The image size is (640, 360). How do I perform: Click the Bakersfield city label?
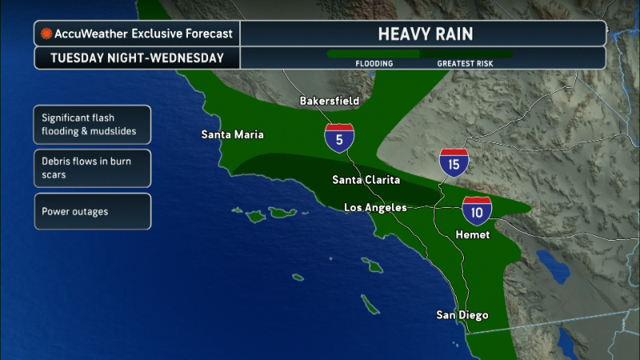tap(329, 102)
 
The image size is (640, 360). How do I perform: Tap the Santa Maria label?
tap(233, 134)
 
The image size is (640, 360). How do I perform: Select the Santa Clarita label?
tap(366, 180)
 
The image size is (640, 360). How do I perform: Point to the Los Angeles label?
tap(375, 207)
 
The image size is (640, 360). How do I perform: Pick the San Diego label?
tap(462, 315)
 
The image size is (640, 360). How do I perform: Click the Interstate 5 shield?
tap(340, 138)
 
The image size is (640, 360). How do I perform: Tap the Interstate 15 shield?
tap(454, 163)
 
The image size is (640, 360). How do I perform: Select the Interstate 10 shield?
tap(477, 210)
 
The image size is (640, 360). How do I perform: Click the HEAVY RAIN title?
tap(426, 34)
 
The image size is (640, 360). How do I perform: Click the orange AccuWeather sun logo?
tap(46, 34)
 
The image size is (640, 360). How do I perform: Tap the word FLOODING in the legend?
tap(374, 62)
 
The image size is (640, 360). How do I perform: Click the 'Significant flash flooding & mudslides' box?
tap(92, 125)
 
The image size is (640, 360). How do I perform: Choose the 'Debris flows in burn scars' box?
tap(92, 167)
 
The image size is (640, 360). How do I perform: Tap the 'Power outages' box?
tap(92, 211)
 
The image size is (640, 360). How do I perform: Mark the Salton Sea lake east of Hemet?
tap(551, 263)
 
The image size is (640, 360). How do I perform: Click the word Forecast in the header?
tap(209, 34)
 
